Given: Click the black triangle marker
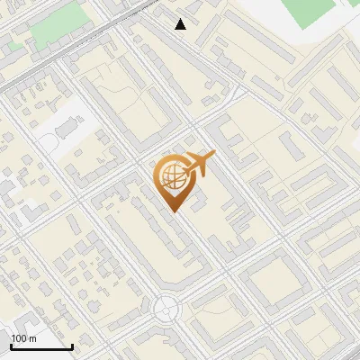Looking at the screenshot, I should [x=181, y=24].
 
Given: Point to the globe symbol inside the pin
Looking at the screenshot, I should [x=171, y=176].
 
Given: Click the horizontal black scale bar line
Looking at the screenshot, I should [x=41, y=346].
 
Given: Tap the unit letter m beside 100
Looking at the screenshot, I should [x=32, y=338].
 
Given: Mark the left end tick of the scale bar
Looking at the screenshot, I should [x=11, y=345].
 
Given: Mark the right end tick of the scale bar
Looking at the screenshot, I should [x=72, y=345].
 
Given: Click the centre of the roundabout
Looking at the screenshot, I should [x=166, y=310].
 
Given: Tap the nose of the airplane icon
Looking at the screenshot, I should [x=214, y=155].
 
